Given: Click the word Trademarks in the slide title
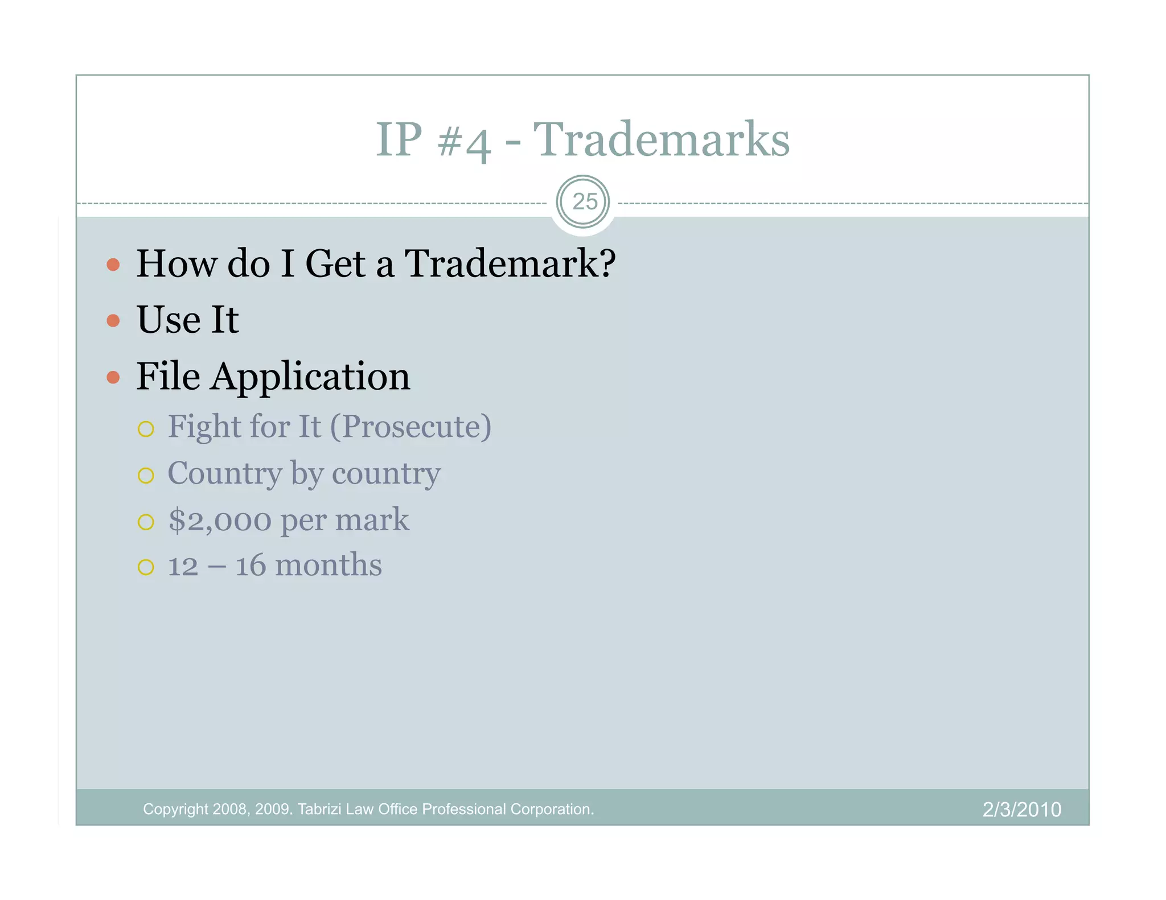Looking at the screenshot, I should coord(661,139).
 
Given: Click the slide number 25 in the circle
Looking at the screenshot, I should coord(584,202).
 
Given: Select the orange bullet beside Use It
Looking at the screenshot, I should coord(113,321).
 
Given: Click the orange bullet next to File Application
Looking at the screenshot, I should coord(113,377).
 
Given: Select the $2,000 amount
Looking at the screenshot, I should coord(220,520).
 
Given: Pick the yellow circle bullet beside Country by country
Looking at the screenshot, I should coord(146,475).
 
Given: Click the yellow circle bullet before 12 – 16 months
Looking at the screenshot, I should coord(146,567).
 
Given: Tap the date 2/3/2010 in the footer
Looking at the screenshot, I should coord(1021,810).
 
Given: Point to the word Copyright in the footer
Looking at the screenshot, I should coord(175,810).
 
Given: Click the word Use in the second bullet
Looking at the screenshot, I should coord(169,320).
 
